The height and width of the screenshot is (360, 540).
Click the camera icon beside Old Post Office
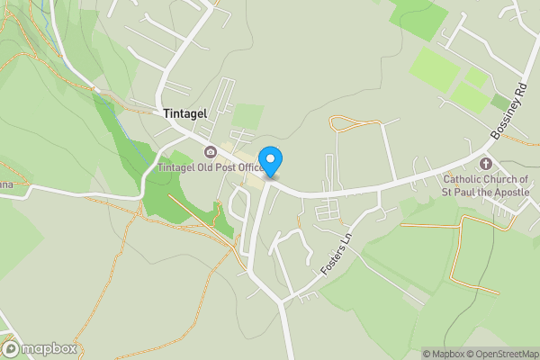point(211,151)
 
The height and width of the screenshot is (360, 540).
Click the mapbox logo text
point(49,349)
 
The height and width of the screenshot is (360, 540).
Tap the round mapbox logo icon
point(12,349)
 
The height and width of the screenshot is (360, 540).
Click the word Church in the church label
point(507,178)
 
